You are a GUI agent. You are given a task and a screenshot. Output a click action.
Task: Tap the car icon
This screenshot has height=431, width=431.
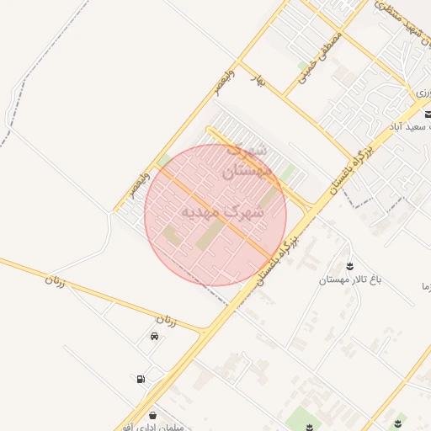(154, 337)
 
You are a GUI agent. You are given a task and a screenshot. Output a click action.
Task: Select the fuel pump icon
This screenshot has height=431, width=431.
(140, 379)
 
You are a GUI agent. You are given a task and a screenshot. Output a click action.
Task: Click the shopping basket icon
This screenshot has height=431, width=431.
(152, 416)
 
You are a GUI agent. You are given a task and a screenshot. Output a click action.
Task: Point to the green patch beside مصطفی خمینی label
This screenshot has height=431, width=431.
(301, 65)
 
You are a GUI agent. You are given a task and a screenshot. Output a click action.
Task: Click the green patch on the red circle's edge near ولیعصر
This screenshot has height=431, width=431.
(163, 161)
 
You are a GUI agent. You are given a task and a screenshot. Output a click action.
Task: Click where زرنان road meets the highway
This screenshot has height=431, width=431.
(205, 331)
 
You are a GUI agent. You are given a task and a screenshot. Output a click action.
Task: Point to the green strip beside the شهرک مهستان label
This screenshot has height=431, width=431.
(288, 175)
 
